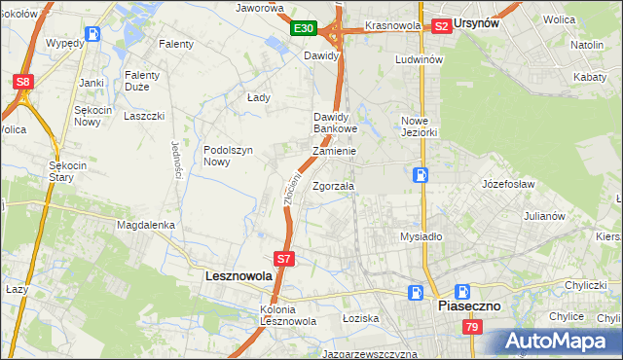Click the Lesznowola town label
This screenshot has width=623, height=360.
pos(239,276)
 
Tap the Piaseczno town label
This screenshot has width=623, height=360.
pos(468,306)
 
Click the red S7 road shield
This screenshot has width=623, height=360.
pos(283,259)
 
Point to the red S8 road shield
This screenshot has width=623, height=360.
pos(23,83)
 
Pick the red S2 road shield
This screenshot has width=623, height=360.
pos(441,26)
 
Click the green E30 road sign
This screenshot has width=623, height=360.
pos(304,29)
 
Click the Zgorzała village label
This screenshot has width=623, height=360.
pos(333,185)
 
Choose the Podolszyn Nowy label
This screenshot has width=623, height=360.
pos(229,156)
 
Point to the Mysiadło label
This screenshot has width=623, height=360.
pos(421,236)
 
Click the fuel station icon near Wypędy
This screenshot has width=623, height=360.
pos(92,34)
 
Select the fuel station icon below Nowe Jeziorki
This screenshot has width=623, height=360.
pos(420,175)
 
